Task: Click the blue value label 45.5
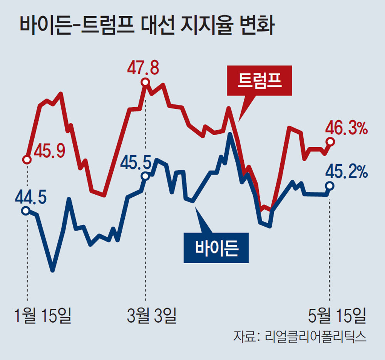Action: (136, 162)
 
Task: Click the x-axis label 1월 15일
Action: (43, 316)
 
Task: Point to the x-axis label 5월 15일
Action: (336, 316)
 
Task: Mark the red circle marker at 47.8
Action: (145, 82)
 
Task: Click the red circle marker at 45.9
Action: (27, 159)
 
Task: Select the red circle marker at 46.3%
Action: (330, 141)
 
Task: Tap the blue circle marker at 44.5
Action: (26, 210)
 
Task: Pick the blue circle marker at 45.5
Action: (145, 176)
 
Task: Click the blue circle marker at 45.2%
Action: (329, 185)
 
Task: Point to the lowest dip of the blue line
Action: (53, 270)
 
